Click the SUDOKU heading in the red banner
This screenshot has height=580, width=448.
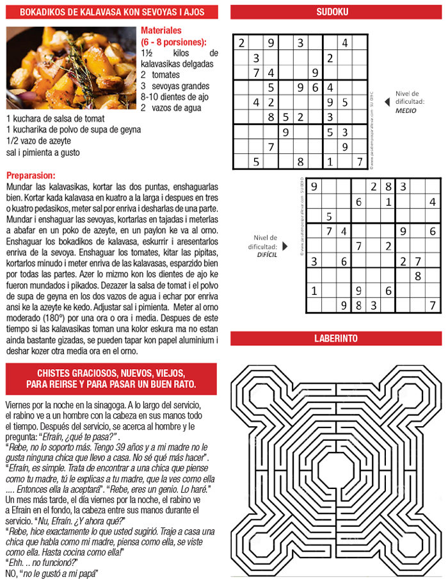pos(332,12)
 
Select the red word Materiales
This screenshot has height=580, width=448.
pos(161,30)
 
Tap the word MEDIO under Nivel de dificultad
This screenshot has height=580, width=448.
pos(405,110)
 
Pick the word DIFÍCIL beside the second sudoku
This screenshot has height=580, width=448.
pos(267,254)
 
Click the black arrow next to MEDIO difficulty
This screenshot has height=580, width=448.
pos(386,101)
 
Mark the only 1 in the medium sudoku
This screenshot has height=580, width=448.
pos(330,162)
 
